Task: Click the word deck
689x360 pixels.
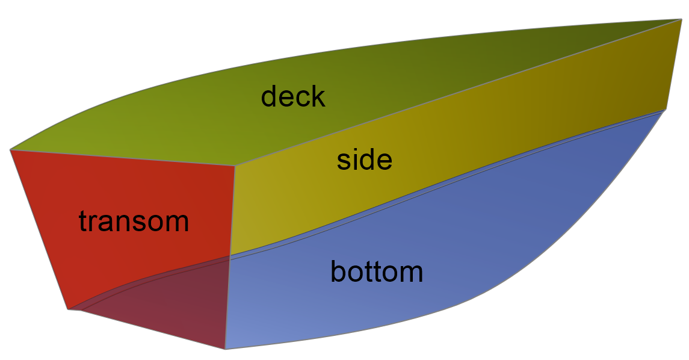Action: tap(293, 97)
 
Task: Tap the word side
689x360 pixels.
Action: tap(364, 159)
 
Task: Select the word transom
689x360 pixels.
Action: tap(134, 221)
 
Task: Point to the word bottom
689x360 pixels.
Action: tap(377, 272)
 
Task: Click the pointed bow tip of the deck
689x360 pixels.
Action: tap(682, 19)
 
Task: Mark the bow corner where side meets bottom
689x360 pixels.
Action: tap(666, 110)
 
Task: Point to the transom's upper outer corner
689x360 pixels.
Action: tap(10, 150)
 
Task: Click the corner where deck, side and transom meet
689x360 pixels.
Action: tap(235, 166)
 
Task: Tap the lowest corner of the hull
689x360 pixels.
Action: tap(225, 349)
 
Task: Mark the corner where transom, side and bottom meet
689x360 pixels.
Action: tap(230, 256)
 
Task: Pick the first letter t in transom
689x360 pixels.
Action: tap(84, 221)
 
